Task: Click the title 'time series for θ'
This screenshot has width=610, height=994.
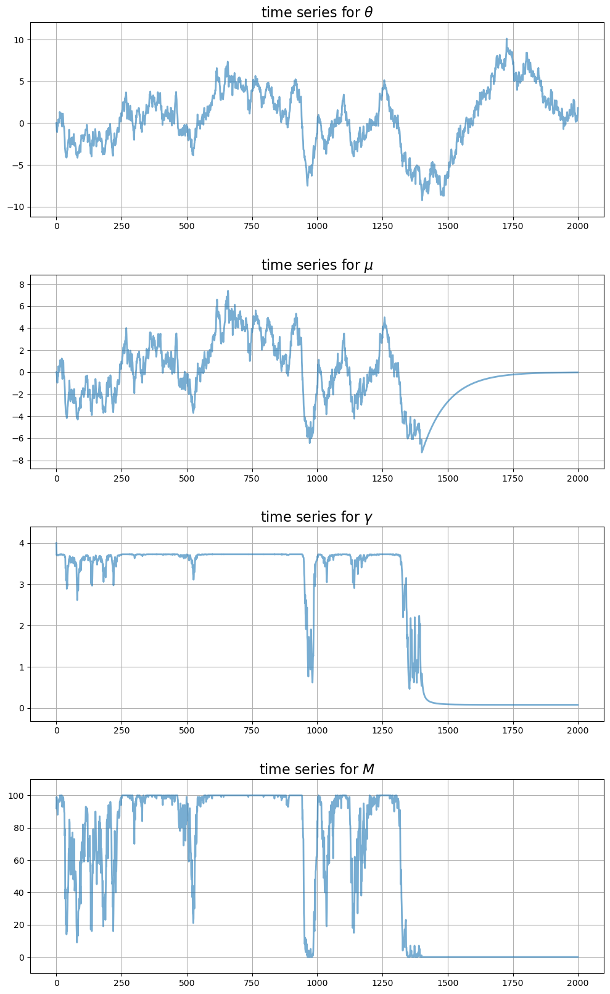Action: (316, 12)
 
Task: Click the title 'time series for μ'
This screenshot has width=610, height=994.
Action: (316, 265)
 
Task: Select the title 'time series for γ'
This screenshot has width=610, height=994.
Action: (316, 517)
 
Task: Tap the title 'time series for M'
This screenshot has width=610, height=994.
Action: (316, 769)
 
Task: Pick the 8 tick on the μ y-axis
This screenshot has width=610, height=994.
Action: (22, 285)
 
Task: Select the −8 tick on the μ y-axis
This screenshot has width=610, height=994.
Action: (19, 461)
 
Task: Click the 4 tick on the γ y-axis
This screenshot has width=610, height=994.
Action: (22, 543)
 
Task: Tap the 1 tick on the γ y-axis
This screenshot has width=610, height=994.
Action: (22, 667)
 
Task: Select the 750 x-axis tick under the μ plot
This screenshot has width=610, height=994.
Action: (252, 478)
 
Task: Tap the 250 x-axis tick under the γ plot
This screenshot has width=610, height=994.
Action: (122, 730)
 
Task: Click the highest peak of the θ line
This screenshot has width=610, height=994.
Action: (506, 39)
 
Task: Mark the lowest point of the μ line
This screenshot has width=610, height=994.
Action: (422, 453)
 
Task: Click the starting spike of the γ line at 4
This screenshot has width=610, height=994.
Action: (56, 543)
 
